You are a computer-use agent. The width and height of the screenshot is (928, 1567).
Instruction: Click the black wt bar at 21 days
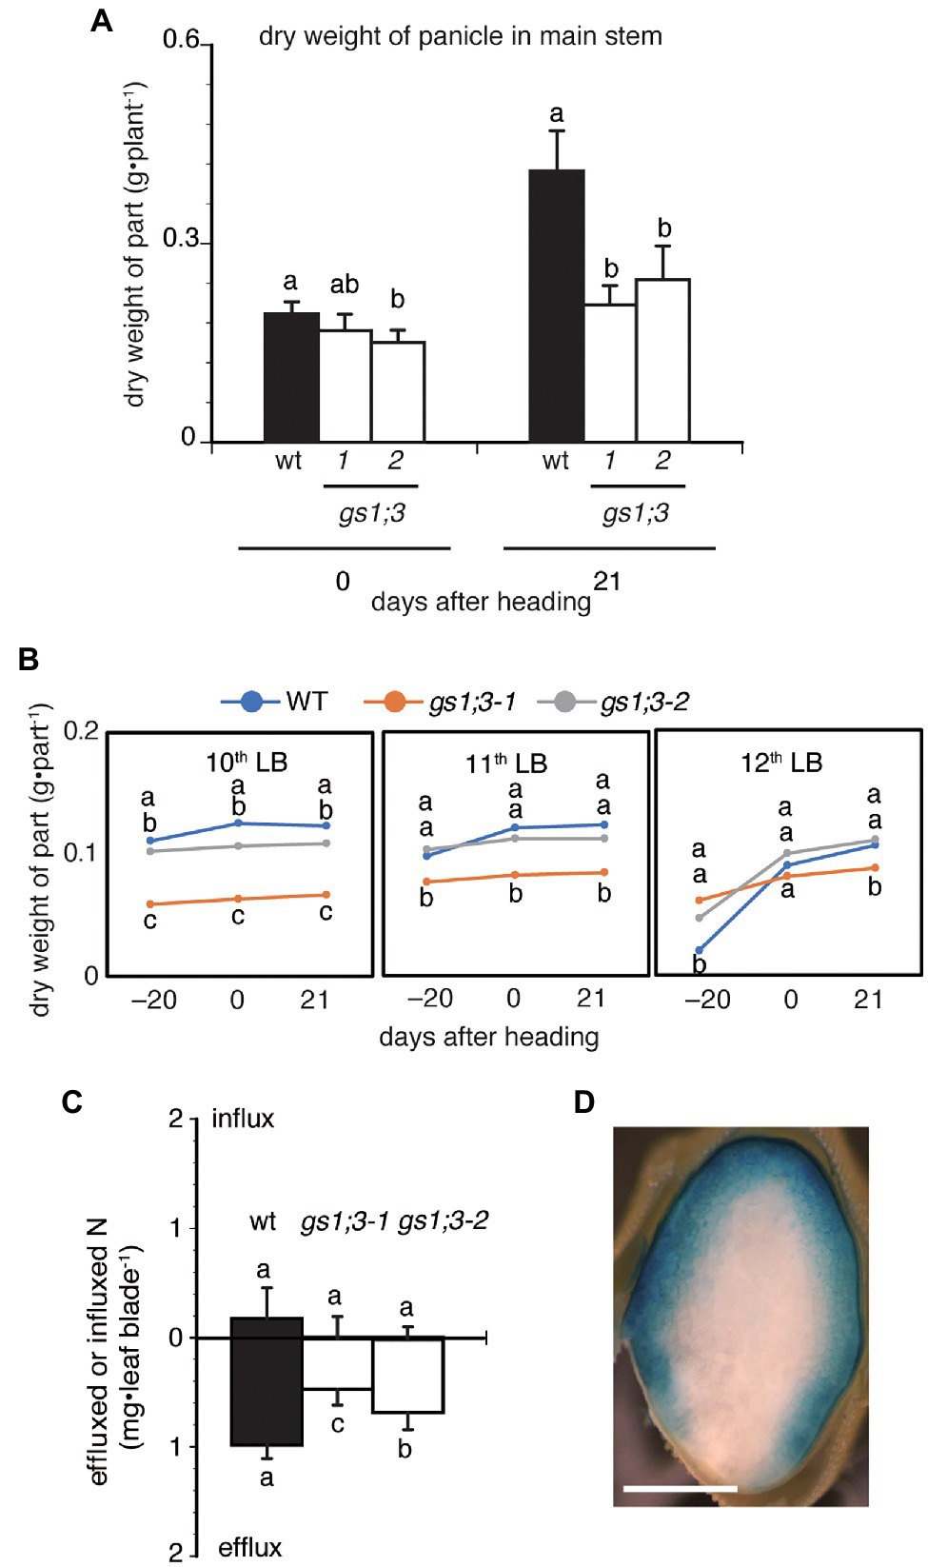557,305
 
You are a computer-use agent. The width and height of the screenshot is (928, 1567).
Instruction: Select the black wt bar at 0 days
291,376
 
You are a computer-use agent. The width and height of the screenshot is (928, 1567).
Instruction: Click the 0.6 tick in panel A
181,40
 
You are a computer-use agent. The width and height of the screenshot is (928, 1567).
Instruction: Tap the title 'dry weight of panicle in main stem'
460,37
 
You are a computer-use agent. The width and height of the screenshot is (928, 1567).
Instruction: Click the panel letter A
101,21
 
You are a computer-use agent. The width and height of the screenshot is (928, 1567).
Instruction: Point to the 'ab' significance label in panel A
344,285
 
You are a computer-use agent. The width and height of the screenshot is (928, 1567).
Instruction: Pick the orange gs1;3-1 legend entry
440,703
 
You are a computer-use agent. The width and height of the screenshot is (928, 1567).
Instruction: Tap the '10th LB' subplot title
247,763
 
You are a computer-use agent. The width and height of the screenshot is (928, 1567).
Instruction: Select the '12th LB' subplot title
781,763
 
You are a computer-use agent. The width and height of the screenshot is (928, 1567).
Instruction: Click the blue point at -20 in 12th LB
700,950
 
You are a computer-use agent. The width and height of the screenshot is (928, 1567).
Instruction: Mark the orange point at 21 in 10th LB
326,895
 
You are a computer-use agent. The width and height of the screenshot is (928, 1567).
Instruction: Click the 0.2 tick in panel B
81,731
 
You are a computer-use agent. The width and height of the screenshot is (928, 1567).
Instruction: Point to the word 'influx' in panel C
243,1119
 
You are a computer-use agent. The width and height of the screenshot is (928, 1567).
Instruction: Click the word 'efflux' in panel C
249,1548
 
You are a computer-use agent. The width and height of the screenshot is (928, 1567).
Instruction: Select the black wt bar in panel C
267,1380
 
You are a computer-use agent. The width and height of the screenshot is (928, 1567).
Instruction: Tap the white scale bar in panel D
680,1487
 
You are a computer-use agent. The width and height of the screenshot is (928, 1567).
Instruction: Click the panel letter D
584,1102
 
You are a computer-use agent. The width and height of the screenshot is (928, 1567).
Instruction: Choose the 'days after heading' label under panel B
488,1037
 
